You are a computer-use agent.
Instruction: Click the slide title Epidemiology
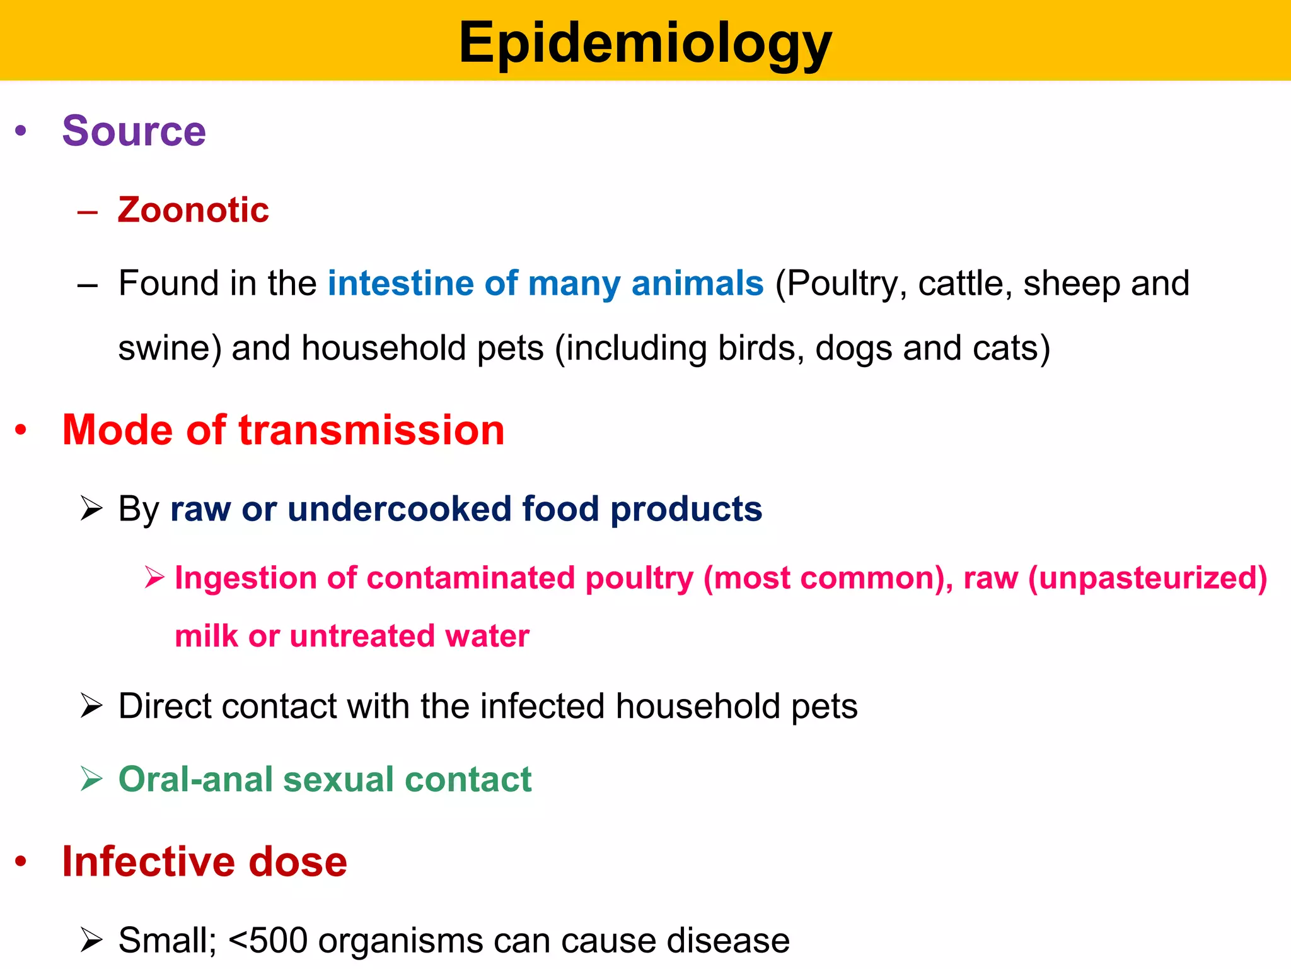(645, 43)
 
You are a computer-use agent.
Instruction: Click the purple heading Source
(134, 131)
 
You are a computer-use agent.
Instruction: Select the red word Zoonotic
(193, 209)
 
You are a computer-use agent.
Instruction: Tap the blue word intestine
(400, 283)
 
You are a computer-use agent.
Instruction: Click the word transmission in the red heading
(371, 430)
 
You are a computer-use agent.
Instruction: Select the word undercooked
(399, 509)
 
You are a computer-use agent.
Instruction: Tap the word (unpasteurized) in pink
(1147, 578)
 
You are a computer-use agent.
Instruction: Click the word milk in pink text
(206, 636)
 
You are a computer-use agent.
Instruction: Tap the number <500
(267, 941)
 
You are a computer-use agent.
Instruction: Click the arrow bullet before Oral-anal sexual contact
(91, 779)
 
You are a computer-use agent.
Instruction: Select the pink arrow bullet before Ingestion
(154, 577)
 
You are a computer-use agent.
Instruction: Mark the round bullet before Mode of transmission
(21, 430)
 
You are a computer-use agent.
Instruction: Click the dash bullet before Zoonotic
(88, 211)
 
